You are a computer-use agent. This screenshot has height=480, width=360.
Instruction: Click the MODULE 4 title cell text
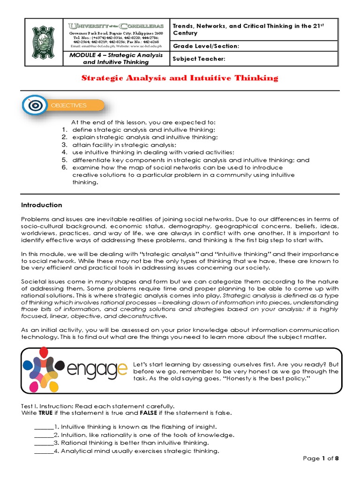(x=116, y=59)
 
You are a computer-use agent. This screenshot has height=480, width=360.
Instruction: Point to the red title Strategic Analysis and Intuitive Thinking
(x=180, y=78)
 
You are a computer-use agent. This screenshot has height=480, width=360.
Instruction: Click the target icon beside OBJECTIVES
(x=34, y=105)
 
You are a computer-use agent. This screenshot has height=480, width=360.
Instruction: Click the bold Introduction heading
(x=42, y=205)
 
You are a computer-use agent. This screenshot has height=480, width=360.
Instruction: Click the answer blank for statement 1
(x=44, y=427)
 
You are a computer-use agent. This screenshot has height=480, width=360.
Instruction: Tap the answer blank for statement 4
(x=44, y=451)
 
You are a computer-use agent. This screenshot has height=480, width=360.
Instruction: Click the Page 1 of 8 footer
(x=321, y=458)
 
